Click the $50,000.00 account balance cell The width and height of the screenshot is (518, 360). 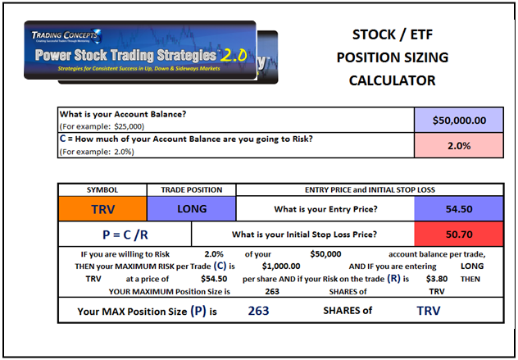(459, 120)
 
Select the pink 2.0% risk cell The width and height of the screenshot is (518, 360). (459, 145)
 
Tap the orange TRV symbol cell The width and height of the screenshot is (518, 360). (102, 208)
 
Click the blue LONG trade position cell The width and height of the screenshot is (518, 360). (192, 208)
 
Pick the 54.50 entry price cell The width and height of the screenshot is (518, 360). (459, 208)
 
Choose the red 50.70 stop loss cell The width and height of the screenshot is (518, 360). (459, 234)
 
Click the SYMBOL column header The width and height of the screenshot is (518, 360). (102, 189)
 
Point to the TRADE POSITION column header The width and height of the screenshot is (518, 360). (192, 189)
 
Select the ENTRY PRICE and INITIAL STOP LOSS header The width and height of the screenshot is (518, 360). (370, 189)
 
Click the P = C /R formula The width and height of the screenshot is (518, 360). (125, 235)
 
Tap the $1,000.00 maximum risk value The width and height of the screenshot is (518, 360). (281, 267)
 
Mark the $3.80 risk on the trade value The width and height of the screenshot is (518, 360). (437, 279)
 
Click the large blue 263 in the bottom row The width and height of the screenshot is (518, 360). (259, 311)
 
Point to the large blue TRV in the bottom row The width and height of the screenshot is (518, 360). (429, 311)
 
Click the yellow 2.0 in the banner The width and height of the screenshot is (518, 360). (234, 55)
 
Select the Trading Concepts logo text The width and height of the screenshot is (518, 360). (66, 35)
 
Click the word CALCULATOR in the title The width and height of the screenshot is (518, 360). (393, 80)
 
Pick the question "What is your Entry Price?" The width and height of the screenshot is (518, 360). (325, 209)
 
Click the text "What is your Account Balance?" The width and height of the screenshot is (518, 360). (123, 114)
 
